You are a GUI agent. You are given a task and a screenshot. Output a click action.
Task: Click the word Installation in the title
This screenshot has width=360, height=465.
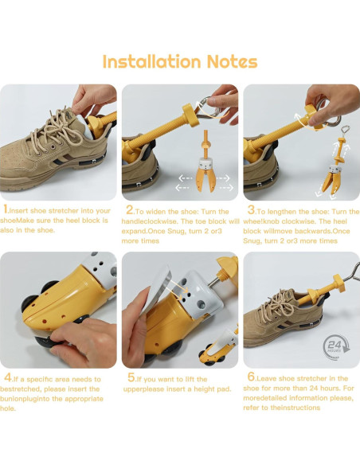pos(152,61)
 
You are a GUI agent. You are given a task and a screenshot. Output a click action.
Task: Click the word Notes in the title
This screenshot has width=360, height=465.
pos(232,61)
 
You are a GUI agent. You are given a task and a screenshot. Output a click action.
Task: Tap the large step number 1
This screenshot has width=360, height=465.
pos(6,209)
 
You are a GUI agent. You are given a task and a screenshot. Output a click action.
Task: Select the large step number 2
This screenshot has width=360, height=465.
pos(130,209)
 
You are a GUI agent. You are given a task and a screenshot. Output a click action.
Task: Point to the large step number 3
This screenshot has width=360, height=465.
pos(251,209)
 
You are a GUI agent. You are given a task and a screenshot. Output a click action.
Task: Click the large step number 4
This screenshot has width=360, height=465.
pos(8,377)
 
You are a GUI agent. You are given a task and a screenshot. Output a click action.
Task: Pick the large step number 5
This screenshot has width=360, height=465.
pos(131,377)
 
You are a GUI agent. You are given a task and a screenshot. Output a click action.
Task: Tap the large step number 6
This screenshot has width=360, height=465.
pos(251,377)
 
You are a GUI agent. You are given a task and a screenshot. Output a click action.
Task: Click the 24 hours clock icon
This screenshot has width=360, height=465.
pos(336,347)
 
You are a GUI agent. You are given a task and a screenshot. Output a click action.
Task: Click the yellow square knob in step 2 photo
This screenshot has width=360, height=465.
pos(190,115)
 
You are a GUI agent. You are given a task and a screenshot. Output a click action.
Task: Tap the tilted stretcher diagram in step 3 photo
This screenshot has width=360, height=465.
pos(335,162)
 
